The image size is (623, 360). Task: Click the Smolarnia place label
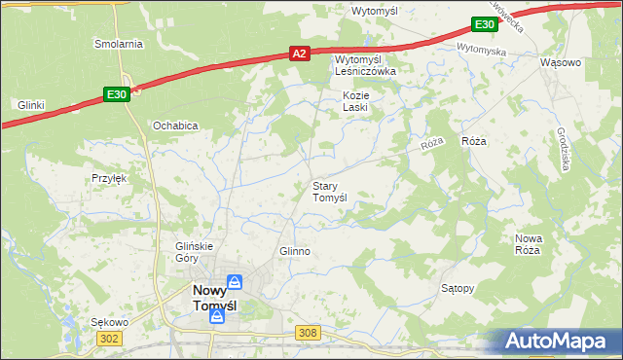118,44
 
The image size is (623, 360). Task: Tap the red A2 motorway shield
301,56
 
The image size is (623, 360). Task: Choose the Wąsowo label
560,62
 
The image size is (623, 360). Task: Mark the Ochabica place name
175,126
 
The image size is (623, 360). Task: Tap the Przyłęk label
109,178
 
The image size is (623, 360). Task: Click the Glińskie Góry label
193,252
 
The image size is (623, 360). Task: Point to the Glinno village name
294,251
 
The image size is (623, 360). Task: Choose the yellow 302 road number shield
109,338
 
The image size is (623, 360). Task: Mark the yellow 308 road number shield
308,333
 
